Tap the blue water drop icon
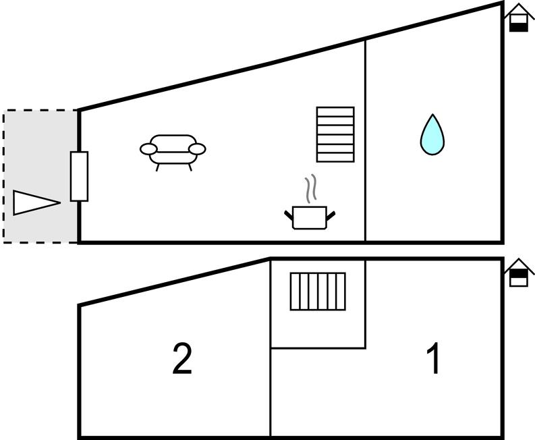(432, 135)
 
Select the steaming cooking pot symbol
(310, 216)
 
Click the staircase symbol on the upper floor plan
(335, 134)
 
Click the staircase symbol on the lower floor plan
(318, 291)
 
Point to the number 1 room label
(434, 359)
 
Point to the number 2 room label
(182, 359)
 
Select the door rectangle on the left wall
(79, 176)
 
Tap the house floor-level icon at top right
(518, 18)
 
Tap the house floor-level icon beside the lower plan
(518, 273)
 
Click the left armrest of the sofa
(148, 148)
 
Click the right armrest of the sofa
(197, 148)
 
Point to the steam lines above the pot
(310, 190)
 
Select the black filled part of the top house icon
(518, 26)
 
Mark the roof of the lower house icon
(518, 265)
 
